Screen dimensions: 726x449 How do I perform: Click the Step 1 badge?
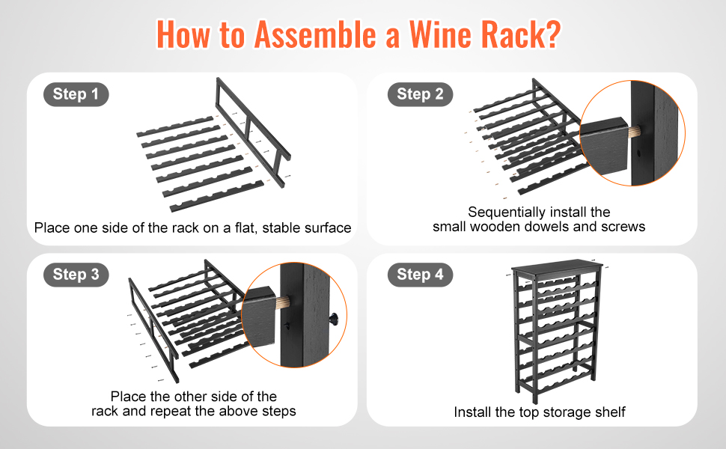(76, 94)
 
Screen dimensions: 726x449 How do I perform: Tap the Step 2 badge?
(420, 94)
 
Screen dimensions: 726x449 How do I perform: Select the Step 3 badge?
(76, 275)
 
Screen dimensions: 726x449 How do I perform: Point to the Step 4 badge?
(420, 275)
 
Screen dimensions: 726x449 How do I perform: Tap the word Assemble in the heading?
(315, 34)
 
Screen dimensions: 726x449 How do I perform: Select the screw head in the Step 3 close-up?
(334, 319)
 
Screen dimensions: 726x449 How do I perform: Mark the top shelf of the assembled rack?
(558, 269)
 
